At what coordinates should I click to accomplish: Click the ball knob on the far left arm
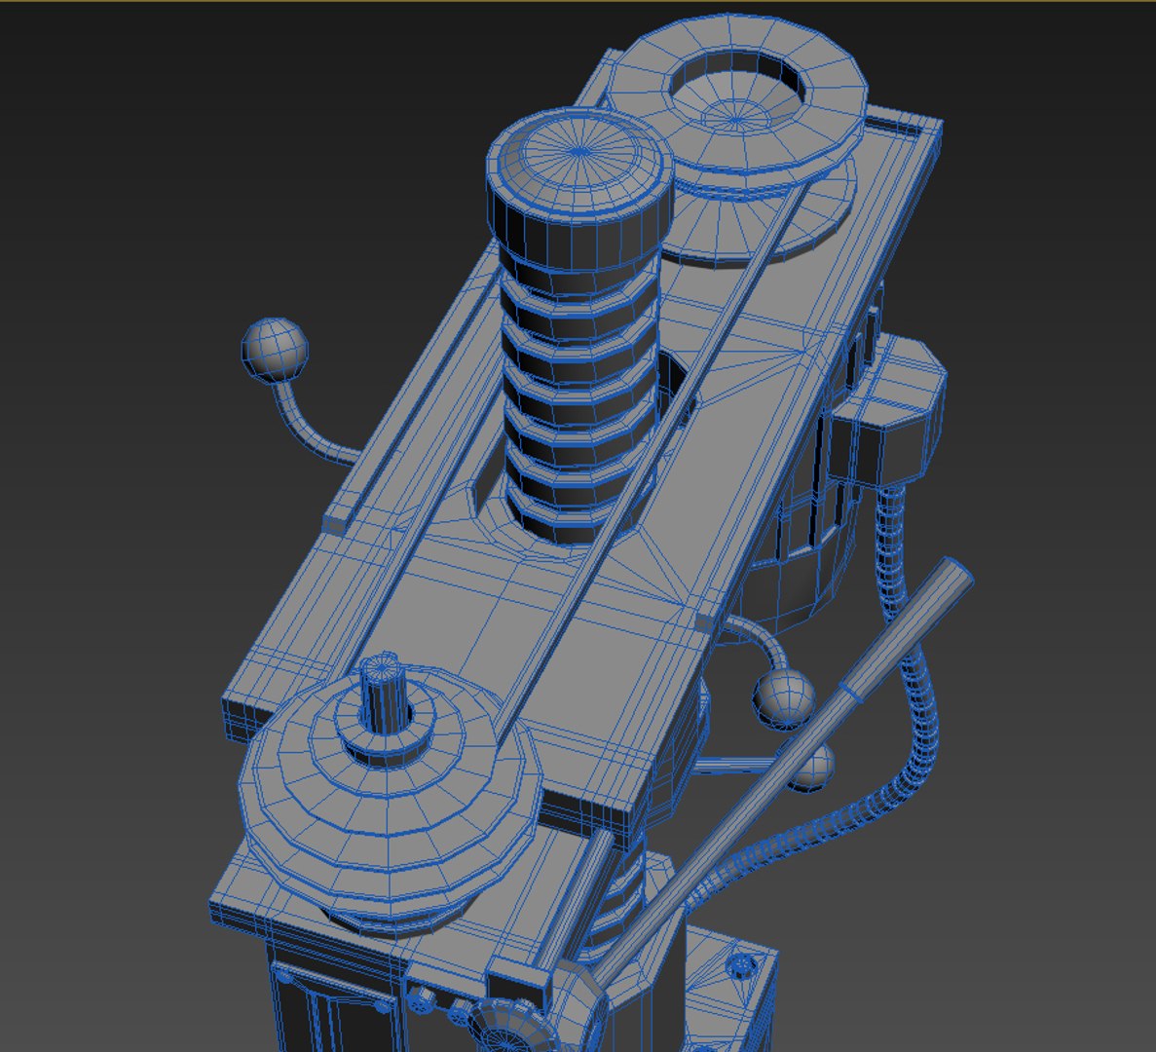(274, 348)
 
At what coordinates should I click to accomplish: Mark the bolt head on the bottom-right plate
(743, 965)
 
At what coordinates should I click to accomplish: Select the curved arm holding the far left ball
(307, 429)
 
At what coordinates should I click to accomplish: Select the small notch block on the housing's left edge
(334, 521)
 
